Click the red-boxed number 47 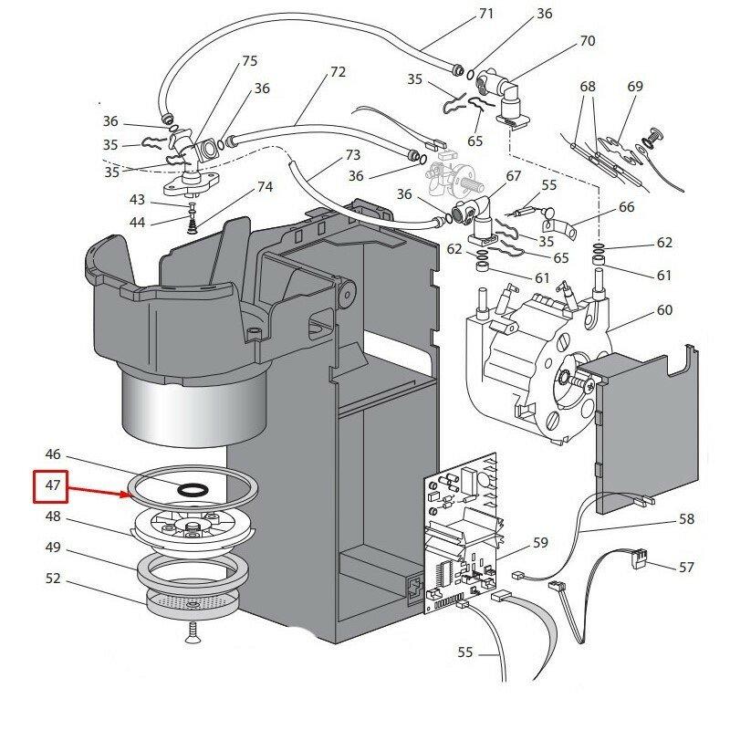(x=52, y=486)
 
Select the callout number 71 (x=485, y=14)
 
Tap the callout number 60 (x=663, y=310)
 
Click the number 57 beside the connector (x=686, y=568)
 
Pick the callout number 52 (x=52, y=579)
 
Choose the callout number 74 (x=265, y=187)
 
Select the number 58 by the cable (x=686, y=519)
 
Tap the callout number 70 (x=587, y=41)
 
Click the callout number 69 (x=635, y=87)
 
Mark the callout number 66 (x=626, y=207)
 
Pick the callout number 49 (x=52, y=547)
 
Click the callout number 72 (x=338, y=71)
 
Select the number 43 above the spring (x=137, y=199)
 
